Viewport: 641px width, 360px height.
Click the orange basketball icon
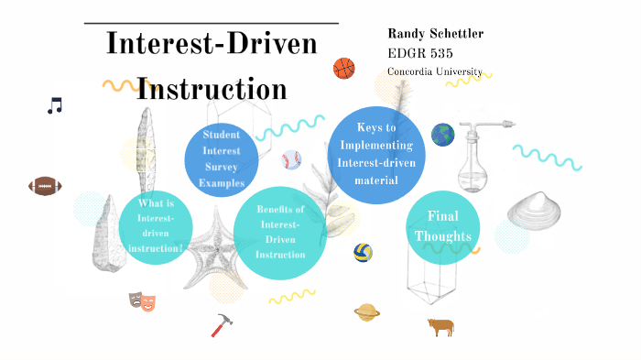(343, 68)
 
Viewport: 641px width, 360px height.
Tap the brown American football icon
(44, 186)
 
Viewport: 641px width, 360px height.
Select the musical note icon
(55, 106)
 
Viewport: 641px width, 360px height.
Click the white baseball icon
(291, 160)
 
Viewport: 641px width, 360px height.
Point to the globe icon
(442, 136)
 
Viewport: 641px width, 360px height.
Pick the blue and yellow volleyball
(363, 252)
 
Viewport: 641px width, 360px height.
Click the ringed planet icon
(368, 312)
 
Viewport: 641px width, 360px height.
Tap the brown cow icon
(440, 326)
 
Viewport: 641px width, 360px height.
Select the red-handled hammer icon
(223, 324)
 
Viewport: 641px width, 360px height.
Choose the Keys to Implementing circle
(376, 154)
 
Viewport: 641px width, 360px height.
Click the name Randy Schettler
(435, 34)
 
